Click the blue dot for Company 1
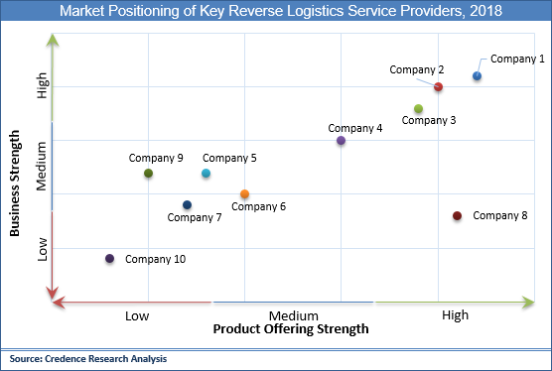(x=478, y=76)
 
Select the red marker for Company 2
(x=438, y=87)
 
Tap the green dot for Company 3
(x=419, y=109)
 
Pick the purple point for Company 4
(x=341, y=141)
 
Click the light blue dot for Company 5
(x=206, y=174)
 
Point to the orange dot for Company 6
(x=244, y=194)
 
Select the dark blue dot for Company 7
(x=187, y=205)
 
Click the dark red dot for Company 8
(x=457, y=216)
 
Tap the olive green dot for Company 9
(x=148, y=174)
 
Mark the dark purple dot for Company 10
(x=109, y=259)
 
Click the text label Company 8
(x=499, y=215)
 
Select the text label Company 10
(x=155, y=259)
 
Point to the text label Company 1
(x=517, y=59)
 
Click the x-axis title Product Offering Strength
(x=291, y=328)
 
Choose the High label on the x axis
(x=455, y=314)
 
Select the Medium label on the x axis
(x=292, y=314)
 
